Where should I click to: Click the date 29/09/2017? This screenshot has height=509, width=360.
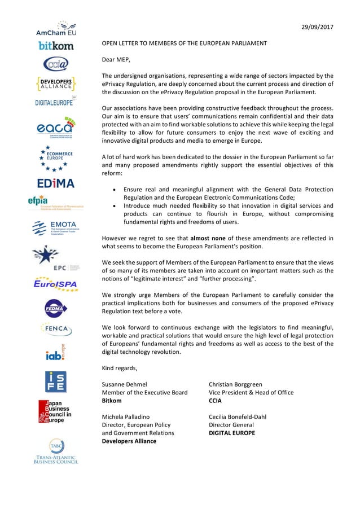point(318,28)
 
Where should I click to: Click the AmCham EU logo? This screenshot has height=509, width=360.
point(56,29)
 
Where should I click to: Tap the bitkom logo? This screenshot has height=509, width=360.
point(56,46)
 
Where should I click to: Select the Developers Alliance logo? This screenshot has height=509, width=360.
point(56,84)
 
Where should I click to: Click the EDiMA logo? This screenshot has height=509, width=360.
point(56,183)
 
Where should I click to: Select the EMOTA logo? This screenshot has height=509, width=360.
point(56,228)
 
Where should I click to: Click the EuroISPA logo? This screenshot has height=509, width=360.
point(56,283)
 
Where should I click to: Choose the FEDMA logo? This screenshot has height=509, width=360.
point(56,308)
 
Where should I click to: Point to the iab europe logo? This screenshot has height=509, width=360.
point(56,353)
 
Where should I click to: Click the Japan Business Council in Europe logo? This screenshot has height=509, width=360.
point(55,411)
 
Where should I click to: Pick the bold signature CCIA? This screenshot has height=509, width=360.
point(215,401)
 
